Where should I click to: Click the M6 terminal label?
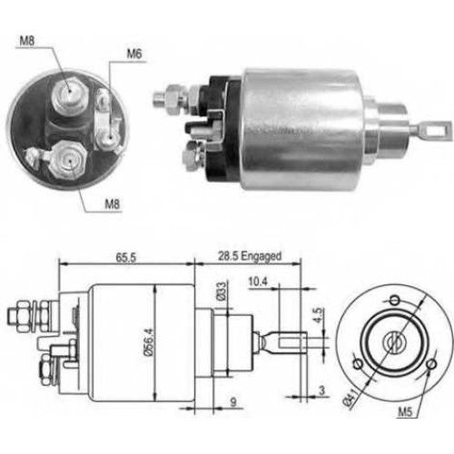click(x=134, y=54)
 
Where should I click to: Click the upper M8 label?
click(x=27, y=41)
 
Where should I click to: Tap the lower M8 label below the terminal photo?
click(x=113, y=204)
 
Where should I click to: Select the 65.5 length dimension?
click(x=126, y=258)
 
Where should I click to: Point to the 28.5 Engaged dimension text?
click(x=250, y=256)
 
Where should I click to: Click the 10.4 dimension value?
click(x=258, y=281)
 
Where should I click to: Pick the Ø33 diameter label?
click(x=222, y=291)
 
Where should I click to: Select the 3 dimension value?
click(x=321, y=390)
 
